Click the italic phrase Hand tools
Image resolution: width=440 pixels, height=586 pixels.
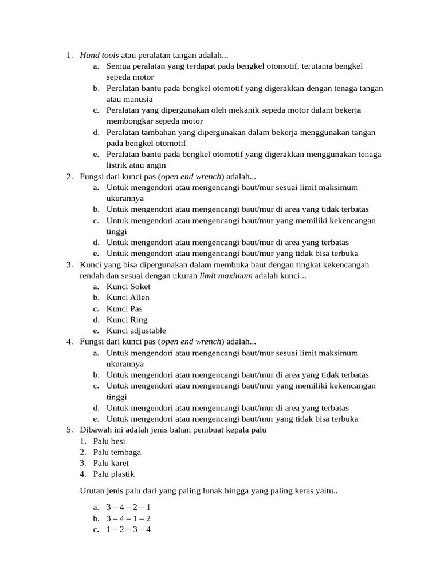click(99, 56)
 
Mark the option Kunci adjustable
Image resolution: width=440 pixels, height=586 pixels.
click(136, 331)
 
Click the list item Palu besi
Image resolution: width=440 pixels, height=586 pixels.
click(109, 441)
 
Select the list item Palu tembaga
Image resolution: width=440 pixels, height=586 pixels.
click(117, 452)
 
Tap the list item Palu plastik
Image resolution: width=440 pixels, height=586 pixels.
click(114, 474)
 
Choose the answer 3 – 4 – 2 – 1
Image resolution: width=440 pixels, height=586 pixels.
click(128, 508)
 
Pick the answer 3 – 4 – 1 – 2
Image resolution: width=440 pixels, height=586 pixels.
click(128, 518)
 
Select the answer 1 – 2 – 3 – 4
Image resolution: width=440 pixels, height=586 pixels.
click(128, 529)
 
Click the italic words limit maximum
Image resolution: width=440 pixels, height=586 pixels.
click(226, 276)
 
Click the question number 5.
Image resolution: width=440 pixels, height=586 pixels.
click(69, 430)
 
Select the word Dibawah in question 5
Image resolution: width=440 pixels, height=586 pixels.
click(96, 430)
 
